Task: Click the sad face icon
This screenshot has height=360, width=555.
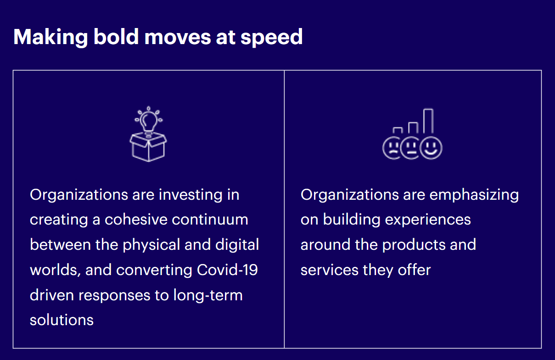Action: point(392,148)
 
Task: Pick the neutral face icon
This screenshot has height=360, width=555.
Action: point(412,148)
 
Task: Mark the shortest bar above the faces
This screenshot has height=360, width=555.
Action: point(398,130)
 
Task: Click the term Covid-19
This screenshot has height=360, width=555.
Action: point(227,270)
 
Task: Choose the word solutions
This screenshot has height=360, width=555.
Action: point(62,320)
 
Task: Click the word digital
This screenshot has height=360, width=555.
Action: point(239,245)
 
